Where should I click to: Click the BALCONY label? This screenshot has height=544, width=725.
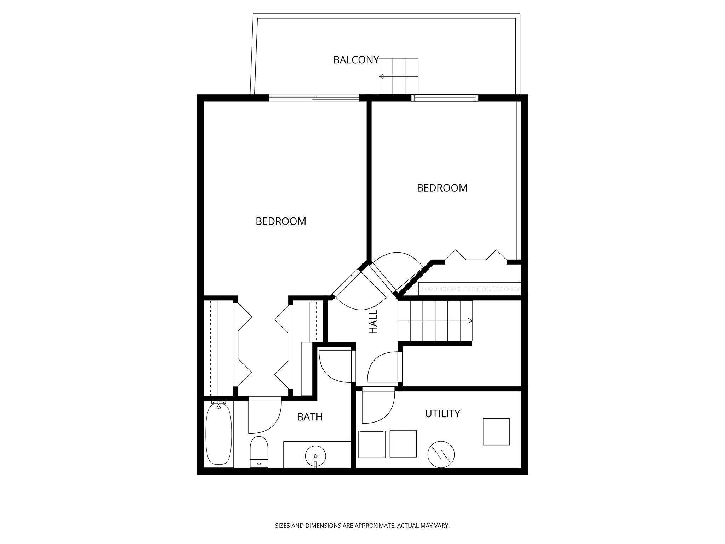[x=356, y=60]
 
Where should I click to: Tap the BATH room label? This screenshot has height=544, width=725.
[x=310, y=417]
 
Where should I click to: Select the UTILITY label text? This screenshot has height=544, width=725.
[x=443, y=414]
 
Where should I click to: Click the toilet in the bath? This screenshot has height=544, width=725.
[x=259, y=452]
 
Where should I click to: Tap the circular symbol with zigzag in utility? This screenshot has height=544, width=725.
[x=441, y=455]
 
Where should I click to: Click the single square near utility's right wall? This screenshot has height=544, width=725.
[x=496, y=431]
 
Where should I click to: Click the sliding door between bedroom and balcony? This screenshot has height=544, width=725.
[x=314, y=98]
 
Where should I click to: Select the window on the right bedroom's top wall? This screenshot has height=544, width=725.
[x=445, y=98]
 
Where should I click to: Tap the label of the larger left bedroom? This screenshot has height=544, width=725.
[x=281, y=221]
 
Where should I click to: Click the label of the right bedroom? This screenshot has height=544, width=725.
[x=442, y=188]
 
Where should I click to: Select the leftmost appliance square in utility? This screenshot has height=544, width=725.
[x=372, y=444]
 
